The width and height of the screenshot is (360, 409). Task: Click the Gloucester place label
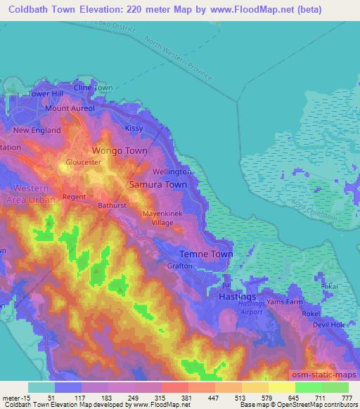84,162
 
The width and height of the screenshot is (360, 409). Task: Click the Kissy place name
134,129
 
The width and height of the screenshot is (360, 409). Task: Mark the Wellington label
172,171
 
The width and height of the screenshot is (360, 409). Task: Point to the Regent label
73,197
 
